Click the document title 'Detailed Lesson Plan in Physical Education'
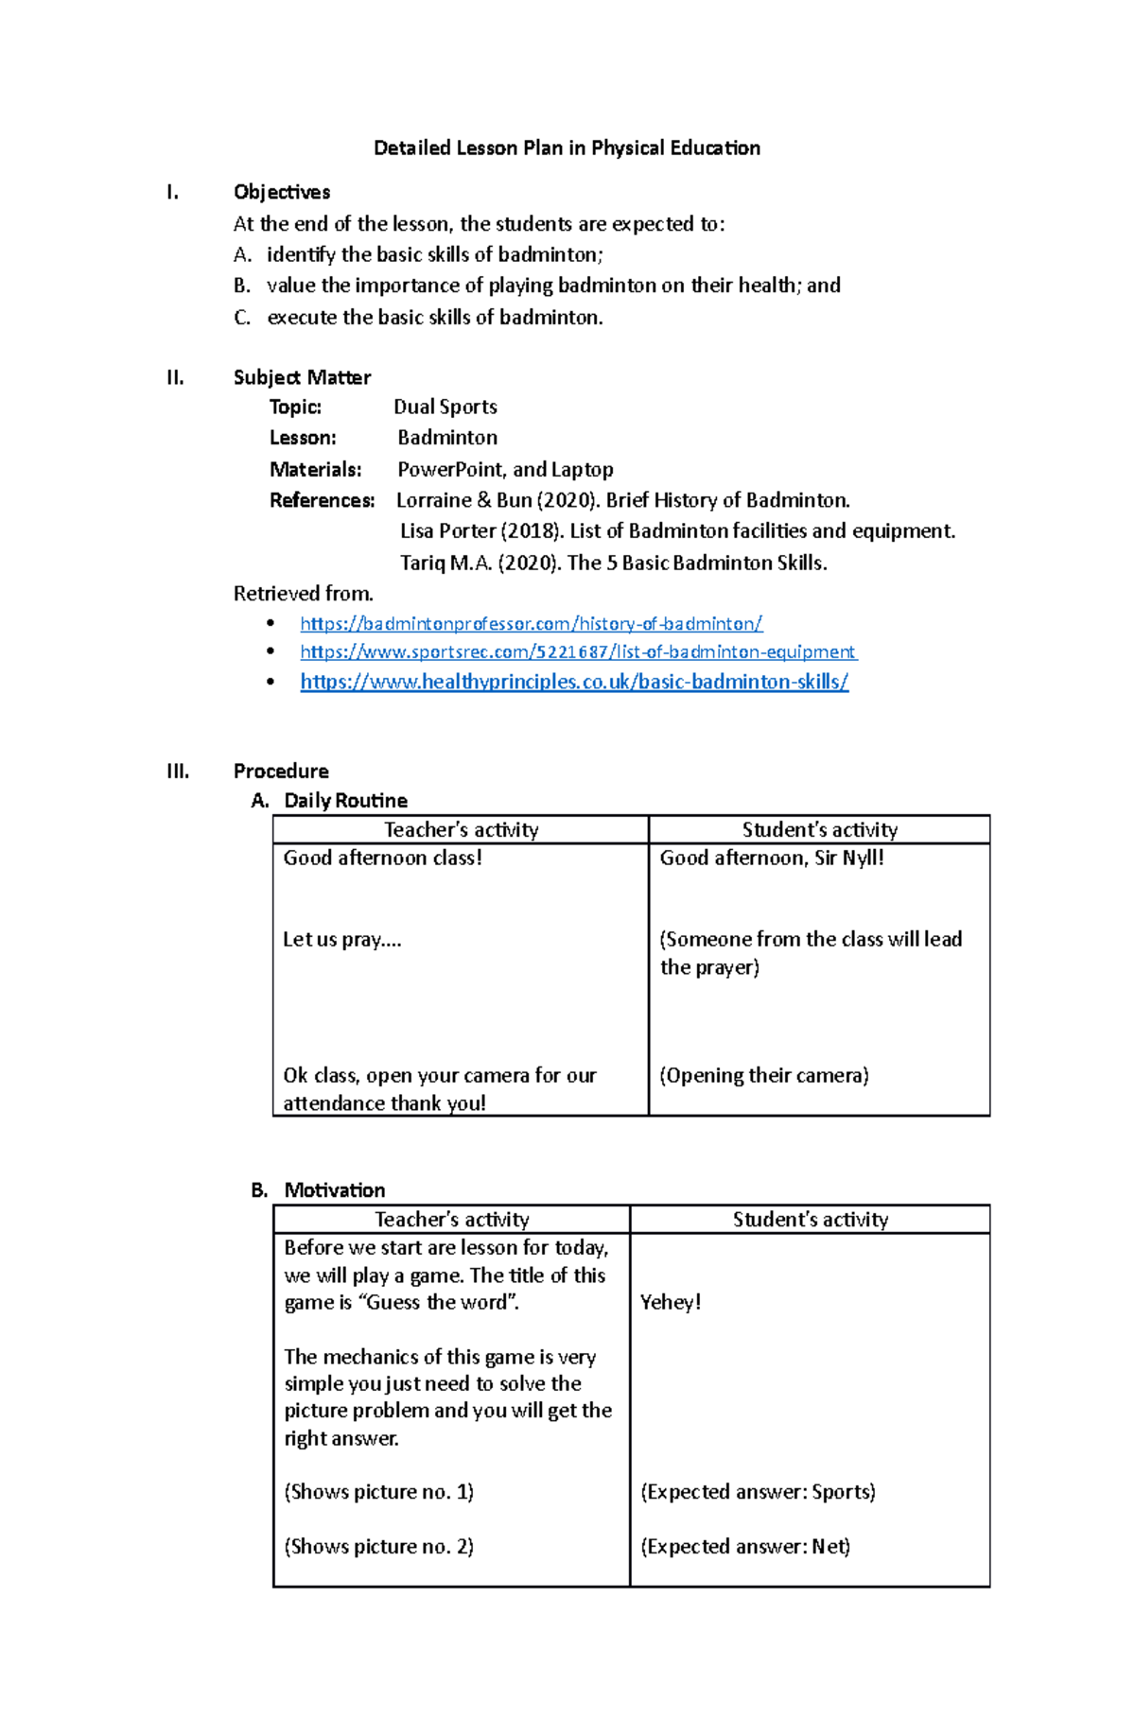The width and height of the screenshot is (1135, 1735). (x=567, y=148)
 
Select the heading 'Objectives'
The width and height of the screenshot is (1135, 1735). (x=282, y=192)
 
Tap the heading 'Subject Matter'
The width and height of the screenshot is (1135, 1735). (x=302, y=377)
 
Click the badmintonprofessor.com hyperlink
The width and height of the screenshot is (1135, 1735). (x=531, y=624)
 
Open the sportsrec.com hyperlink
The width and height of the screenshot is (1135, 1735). (x=577, y=652)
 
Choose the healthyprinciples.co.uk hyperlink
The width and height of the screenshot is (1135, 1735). (x=574, y=682)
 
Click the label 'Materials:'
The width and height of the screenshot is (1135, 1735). (x=315, y=470)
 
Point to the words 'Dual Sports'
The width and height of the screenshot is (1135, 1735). (x=445, y=407)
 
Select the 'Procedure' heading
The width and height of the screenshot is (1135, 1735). (x=281, y=771)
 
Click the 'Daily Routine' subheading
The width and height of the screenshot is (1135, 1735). (x=345, y=801)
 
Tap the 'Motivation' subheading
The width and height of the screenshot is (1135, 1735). (x=334, y=1190)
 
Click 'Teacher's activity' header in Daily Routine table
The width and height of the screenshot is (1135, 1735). (x=461, y=830)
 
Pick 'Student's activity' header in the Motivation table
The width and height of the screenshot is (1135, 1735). (x=810, y=1220)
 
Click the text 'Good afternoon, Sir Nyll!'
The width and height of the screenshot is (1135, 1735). (x=772, y=859)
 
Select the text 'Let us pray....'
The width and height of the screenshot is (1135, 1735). (x=341, y=940)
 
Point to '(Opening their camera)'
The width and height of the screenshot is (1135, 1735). (x=763, y=1076)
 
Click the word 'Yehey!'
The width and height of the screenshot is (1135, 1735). (x=671, y=1303)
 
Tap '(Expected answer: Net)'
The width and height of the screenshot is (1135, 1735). (x=745, y=1547)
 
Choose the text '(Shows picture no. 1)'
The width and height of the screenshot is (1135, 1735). (x=378, y=1492)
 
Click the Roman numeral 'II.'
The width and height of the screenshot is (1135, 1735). (x=175, y=377)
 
